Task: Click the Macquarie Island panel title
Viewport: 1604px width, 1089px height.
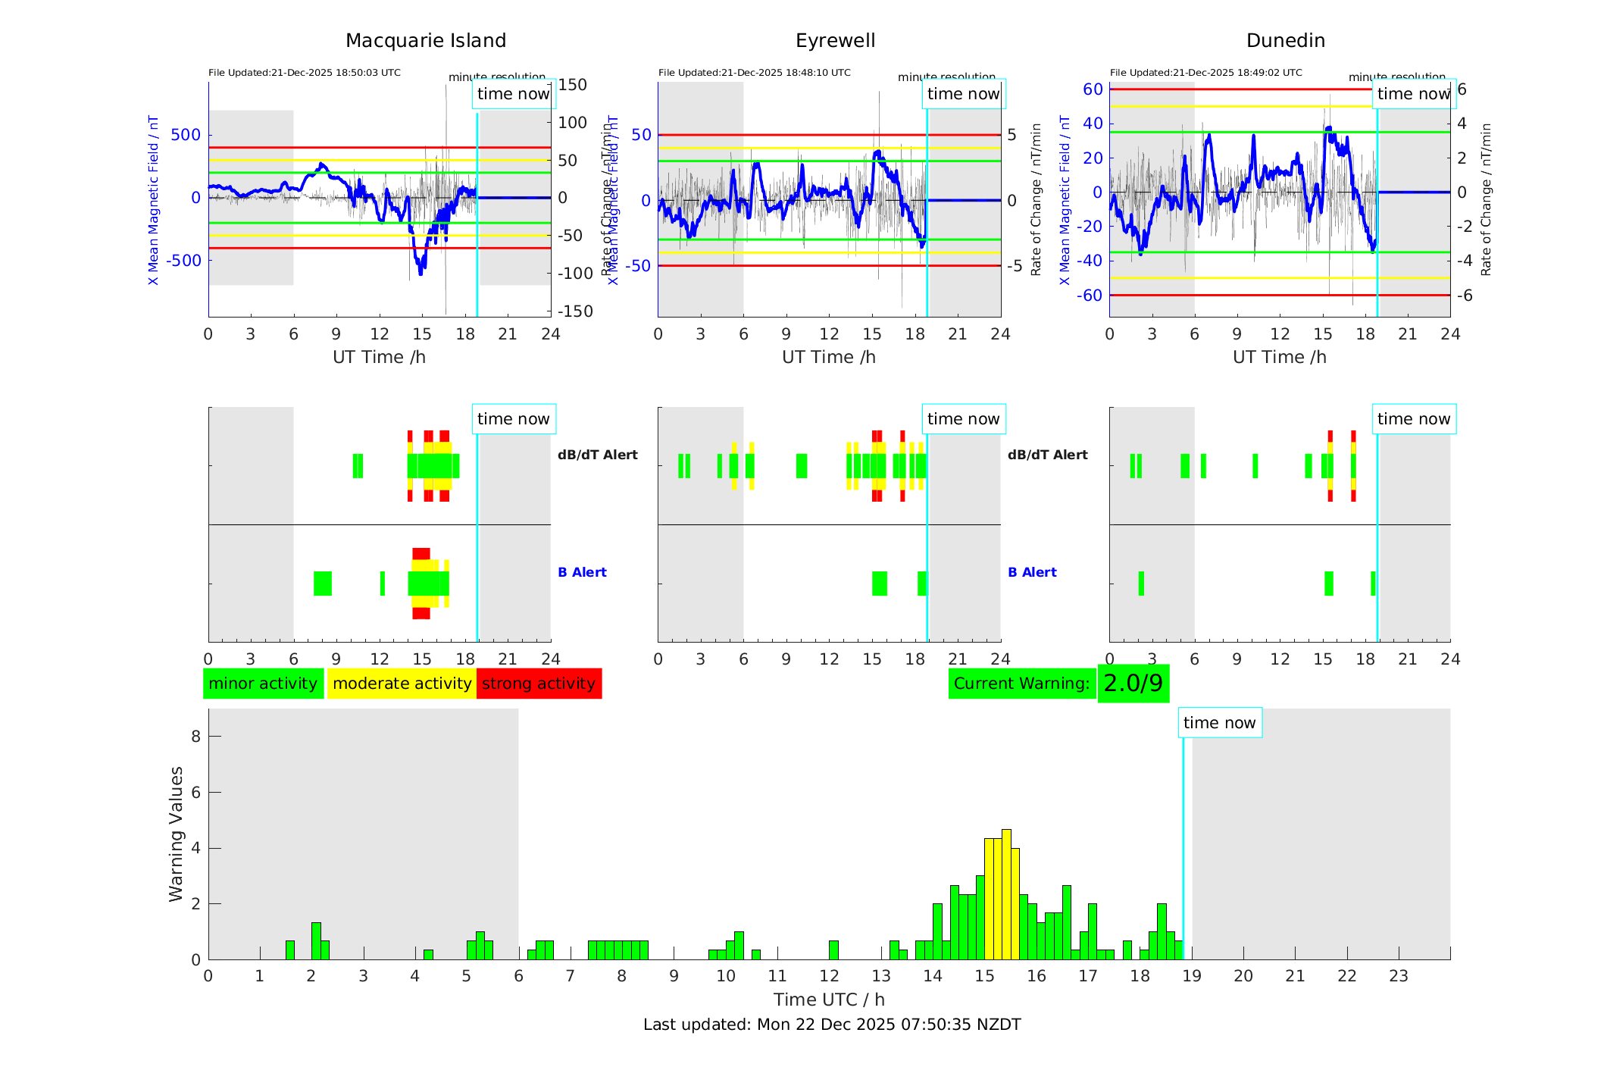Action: tap(425, 41)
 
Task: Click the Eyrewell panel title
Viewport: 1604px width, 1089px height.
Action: tap(835, 41)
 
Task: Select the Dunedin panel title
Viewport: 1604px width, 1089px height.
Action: tap(1285, 41)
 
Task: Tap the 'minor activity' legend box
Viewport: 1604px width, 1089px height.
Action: tap(263, 684)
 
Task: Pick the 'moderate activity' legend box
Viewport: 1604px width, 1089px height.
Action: tap(402, 684)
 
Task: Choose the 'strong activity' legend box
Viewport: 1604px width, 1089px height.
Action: tap(539, 684)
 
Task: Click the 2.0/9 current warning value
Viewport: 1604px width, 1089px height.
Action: tap(1133, 684)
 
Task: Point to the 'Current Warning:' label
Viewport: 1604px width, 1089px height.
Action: tap(1021, 684)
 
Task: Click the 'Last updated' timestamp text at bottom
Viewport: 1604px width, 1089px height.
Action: tap(832, 1025)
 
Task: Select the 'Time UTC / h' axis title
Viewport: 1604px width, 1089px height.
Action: tap(829, 1000)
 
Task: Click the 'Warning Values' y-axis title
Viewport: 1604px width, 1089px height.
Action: tap(176, 834)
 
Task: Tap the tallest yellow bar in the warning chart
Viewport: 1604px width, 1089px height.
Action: tap(1006, 894)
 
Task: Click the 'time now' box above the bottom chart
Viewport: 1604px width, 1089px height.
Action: tap(1219, 723)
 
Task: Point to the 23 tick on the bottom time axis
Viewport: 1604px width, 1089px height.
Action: tap(1398, 976)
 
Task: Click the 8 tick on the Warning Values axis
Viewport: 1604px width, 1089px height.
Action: tap(195, 736)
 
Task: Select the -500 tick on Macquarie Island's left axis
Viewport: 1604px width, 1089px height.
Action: tap(185, 261)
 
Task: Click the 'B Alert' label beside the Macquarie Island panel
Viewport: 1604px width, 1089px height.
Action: tap(582, 572)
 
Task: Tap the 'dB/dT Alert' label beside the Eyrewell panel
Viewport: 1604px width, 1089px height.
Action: tap(1047, 455)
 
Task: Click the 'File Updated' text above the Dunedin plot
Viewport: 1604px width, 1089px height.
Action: tap(1205, 73)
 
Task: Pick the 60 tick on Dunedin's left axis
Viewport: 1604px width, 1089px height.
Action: tap(1093, 89)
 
